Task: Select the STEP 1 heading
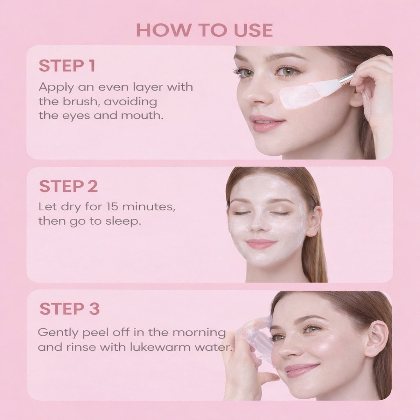tap(67, 66)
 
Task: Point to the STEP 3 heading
tap(69, 309)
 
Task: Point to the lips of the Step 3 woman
tap(297, 369)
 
